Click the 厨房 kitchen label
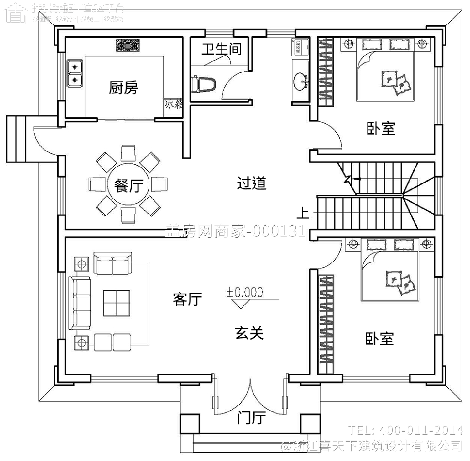click(123, 88)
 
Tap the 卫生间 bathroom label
click(221, 49)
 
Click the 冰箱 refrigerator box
click(173, 104)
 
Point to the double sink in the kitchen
click(75, 74)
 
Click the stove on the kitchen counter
click(128, 45)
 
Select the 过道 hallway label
click(251, 183)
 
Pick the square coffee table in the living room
click(117, 303)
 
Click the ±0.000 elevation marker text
click(245, 292)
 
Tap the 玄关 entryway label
click(249, 333)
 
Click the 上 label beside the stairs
click(303, 213)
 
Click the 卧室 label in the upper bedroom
click(381, 129)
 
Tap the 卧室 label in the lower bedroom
click(379, 339)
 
